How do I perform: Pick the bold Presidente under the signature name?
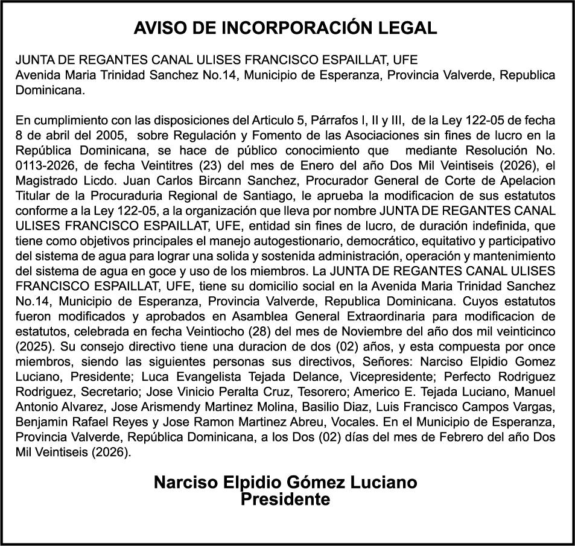285,500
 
